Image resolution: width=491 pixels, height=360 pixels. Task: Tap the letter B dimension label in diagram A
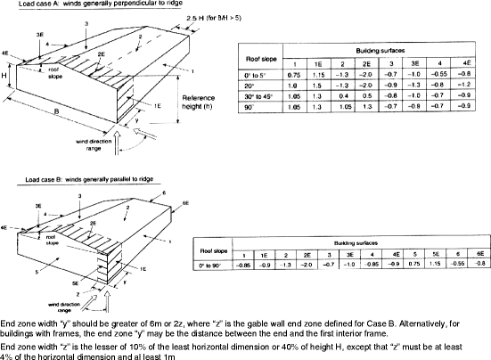tap(54, 111)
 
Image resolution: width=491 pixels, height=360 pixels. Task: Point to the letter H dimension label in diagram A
tap(5, 76)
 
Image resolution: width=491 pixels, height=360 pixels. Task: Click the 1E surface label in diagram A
tap(157, 104)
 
